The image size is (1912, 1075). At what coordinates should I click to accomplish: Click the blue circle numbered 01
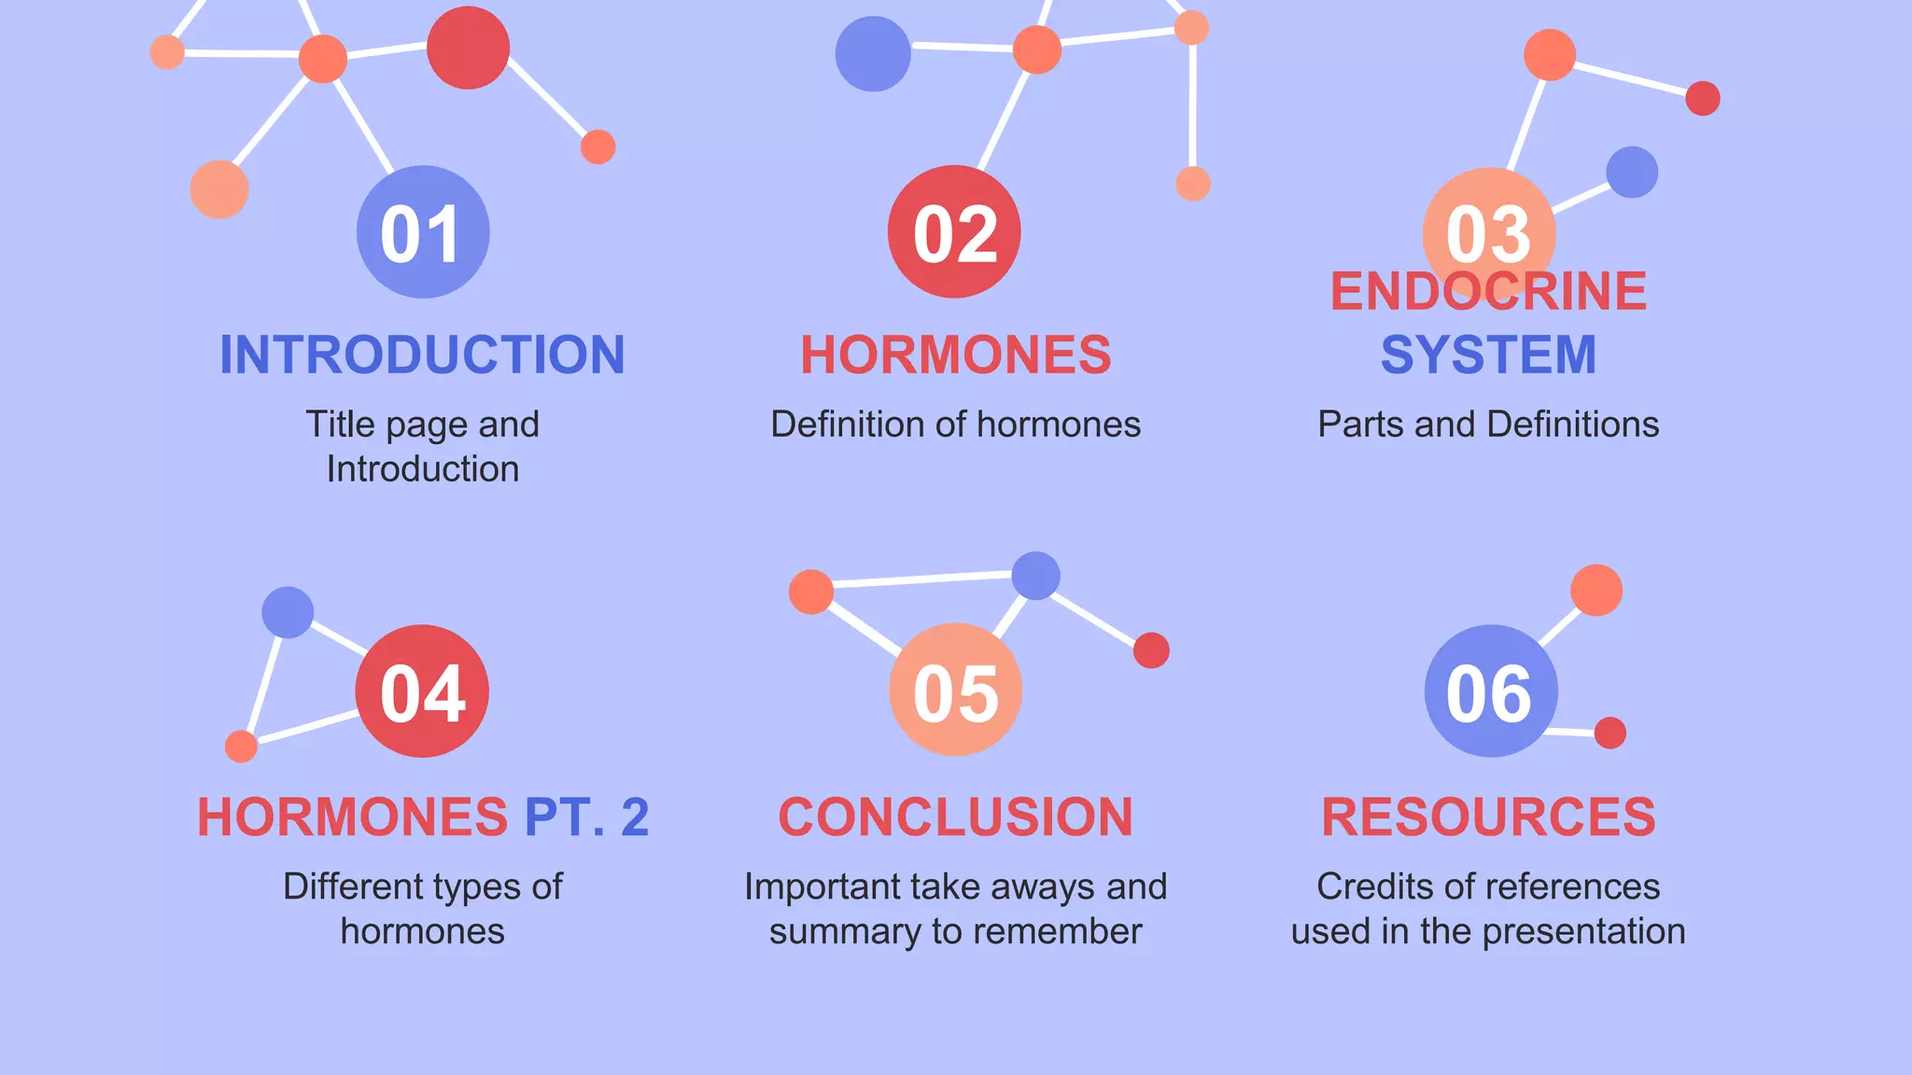(x=423, y=232)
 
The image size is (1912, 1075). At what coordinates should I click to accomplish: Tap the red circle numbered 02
(x=954, y=232)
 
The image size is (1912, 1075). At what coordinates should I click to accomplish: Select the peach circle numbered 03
(x=1489, y=232)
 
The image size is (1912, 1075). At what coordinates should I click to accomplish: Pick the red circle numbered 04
(x=422, y=691)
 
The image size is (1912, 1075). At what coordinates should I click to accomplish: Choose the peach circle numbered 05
(x=955, y=691)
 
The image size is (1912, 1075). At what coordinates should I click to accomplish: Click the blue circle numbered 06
(x=1490, y=691)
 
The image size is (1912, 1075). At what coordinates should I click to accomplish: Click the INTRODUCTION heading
(x=422, y=356)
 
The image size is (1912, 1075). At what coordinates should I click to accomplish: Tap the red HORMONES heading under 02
(x=956, y=356)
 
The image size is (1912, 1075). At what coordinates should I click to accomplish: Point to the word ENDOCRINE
(x=1488, y=291)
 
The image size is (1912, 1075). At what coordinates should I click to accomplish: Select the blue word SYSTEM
(x=1488, y=356)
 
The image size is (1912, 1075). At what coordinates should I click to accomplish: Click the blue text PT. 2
(x=586, y=817)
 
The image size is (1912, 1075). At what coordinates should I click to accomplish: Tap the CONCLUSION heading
(x=955, y=817)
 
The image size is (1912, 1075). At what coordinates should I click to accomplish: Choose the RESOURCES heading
(x=1488, y=817)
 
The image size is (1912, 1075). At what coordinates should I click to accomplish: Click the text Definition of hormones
(x=955, y=425)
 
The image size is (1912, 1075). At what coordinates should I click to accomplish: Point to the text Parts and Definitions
(x=1488, y=425)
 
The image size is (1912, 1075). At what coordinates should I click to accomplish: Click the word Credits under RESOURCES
(x=1376, y=887)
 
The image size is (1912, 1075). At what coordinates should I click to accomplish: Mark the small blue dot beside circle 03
(x=1632, y=172)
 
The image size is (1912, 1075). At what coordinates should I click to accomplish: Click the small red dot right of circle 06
(x=1610, y=733)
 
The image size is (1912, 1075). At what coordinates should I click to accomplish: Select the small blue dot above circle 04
(x=288, y=612)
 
